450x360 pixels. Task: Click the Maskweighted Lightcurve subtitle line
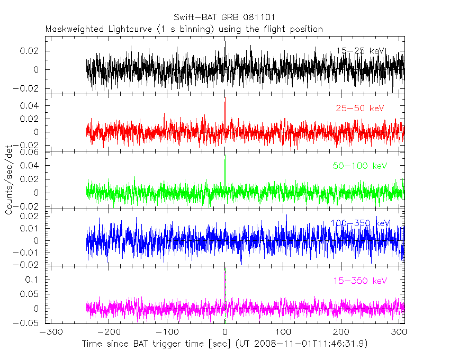pos(184,29)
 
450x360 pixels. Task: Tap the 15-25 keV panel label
pos(361,51)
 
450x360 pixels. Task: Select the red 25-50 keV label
pos(359,109)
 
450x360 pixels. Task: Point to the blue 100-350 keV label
pos(360,223)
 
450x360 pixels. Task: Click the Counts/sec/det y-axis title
pos(9,180)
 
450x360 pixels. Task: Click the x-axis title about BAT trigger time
pos(224,344)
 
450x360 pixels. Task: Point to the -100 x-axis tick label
pos(166,332)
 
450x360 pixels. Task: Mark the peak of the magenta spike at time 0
pos(225,272)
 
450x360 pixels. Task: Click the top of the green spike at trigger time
pos(225,159)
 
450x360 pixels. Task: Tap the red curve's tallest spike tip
pos(225,101)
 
